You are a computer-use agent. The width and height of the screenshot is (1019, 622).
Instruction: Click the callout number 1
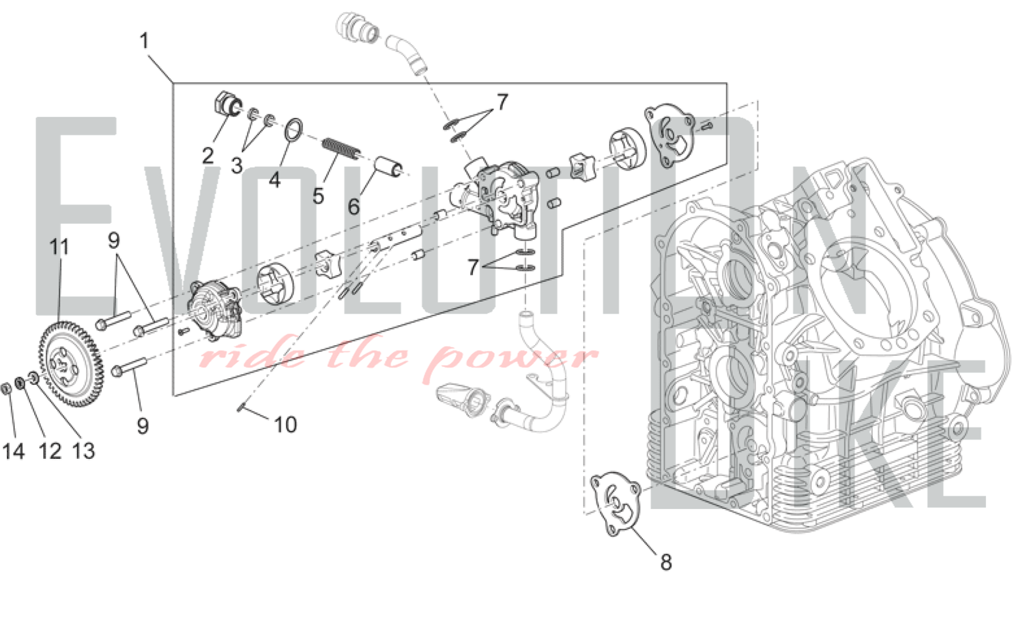[x=145, y=41]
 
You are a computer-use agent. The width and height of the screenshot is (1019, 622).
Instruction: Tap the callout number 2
[x=207, y=155]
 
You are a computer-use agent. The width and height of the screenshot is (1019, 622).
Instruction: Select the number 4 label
[x=275, y=179]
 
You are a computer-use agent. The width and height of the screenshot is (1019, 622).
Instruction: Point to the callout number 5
[x=318, y=196]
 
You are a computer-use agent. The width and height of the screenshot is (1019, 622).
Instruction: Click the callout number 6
[x=354, y=206]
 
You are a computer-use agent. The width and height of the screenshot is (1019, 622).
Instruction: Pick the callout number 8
[x=666, y=562]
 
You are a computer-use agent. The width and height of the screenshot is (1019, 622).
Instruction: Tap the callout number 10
[x=285, y=424]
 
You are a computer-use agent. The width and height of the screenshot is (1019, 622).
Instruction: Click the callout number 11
[x=59, y=247]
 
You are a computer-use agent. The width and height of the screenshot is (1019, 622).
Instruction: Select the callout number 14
[x=14, y=451]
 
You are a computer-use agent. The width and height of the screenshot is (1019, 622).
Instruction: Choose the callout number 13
[x=84, y=451]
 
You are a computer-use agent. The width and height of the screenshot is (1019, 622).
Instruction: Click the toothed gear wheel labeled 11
[x=70, y=365]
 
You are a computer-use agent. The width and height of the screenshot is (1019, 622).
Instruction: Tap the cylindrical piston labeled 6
[x=390, y=167]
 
